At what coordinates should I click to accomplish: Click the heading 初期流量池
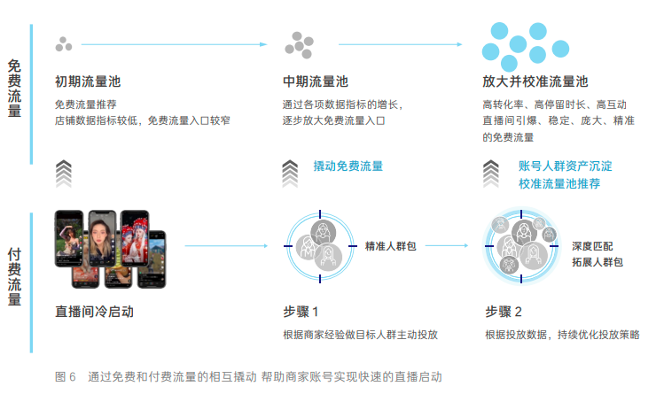[88, 81]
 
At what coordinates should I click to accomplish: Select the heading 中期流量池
[316, 81]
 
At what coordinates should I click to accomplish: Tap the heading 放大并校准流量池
[535, 81]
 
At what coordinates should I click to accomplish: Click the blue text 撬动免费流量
[348, 166]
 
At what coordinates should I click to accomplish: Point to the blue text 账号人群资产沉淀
[566, 166]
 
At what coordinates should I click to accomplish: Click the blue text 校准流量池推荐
[559, 183]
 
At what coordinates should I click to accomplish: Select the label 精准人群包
[390, 246]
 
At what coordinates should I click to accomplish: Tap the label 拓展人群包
[598, 262]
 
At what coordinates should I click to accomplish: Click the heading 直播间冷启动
[95, 312]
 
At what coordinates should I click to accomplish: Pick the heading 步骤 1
[301, 312]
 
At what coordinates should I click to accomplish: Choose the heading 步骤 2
[503, 312]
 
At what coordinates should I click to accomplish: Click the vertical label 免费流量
[14, 89]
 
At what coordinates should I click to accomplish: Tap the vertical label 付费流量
[14, 277]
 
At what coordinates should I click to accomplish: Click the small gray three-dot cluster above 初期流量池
[64, 44]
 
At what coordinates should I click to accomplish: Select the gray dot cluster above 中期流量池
[300, 45]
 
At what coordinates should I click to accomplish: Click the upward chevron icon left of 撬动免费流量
[290, 174]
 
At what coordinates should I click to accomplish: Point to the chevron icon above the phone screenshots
[64, 174]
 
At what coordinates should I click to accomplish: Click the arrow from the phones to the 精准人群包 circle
[227, 245]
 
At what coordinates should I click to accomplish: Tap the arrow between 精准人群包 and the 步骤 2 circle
[447, 245]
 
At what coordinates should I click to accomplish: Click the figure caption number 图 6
[66, 376]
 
